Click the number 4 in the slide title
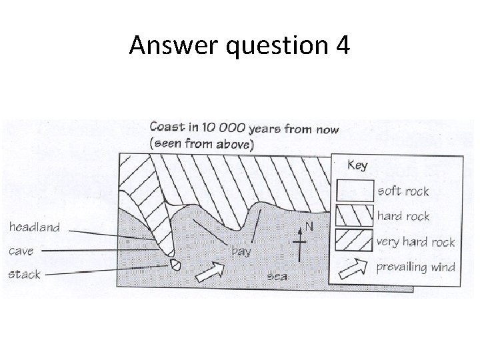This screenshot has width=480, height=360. (341, 46)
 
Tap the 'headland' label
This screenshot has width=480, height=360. (34, 227)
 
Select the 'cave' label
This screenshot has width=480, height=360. (22, 251)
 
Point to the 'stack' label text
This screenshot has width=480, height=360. (25, 274)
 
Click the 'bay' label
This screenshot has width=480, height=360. (241, 251)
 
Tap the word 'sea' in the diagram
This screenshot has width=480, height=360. (277, 275)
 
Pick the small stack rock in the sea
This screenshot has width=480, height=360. (176, 264)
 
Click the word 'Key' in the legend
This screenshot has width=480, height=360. (357, 165)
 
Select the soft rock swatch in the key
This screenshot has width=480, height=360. (355, 191)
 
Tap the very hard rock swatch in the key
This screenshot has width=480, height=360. (355, 241)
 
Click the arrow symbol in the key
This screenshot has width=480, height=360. (355, 267)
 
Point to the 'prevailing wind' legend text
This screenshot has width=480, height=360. (416, 267)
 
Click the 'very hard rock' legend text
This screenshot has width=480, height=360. (416, 241)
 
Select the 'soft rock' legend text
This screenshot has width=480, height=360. (403, 191)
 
